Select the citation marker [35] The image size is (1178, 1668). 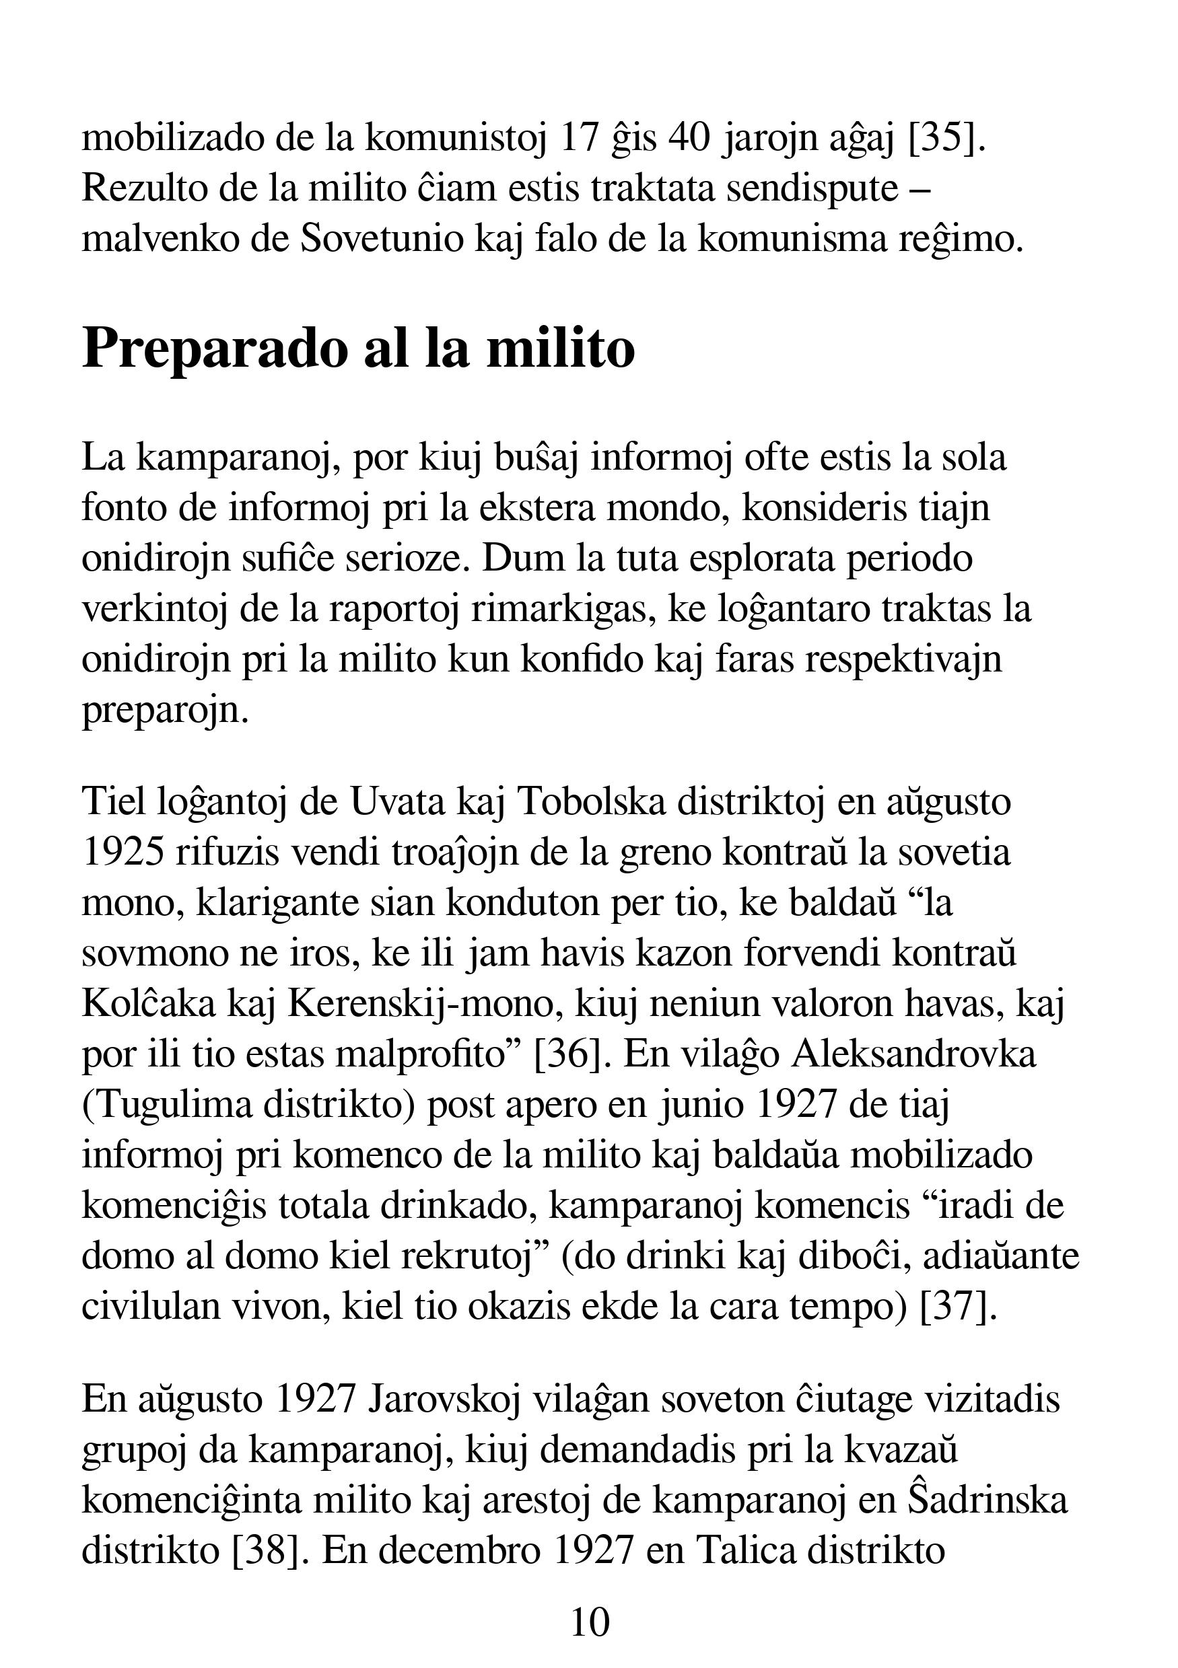pos(947,138)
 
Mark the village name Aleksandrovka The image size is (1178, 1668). pos(913,1055)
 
